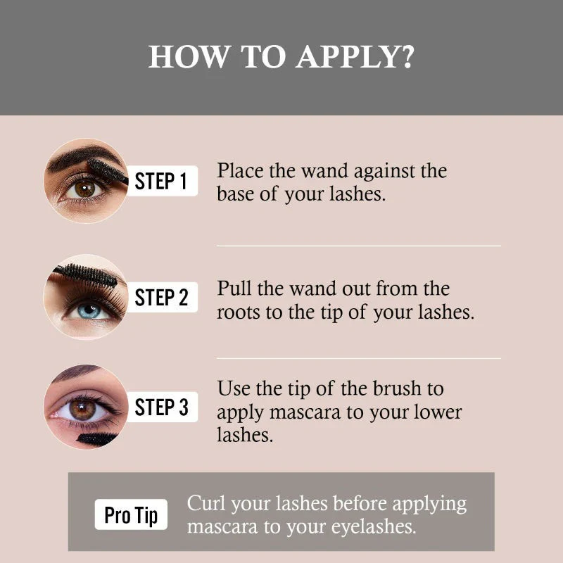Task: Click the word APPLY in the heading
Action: click(355, 57)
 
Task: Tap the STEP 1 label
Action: click(163, 181)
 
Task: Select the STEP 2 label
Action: click(163, 297)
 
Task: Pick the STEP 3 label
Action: click(163, 407)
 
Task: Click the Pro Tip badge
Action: click(131, 514)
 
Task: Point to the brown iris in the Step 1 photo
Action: click(84, 189)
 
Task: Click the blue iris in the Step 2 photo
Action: click(89, 311)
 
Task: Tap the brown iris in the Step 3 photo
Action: click(82, 410)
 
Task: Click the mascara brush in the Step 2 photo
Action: click(86, 274)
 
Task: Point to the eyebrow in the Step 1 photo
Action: click(82, 157)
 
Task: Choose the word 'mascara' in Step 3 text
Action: click(305, 412)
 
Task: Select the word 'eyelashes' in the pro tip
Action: click(374, 527)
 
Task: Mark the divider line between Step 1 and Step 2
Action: click(359, 246)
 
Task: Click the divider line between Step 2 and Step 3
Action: click(359, 358)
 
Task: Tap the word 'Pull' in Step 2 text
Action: click(234, 288)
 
